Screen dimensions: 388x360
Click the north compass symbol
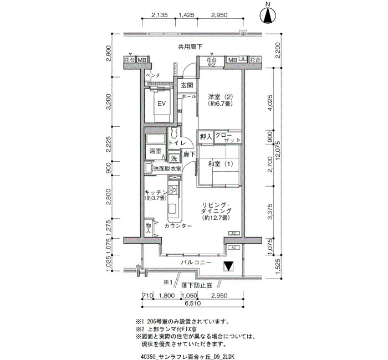[268, 16]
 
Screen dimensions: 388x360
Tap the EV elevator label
[162, 104]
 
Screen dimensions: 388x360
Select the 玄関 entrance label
[187, 85]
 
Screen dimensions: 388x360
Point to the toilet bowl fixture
[174, 133]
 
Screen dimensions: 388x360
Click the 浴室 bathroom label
[155, 151]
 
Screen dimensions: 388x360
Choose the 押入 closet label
[206, 136]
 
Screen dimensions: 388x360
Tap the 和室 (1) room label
[221, 164]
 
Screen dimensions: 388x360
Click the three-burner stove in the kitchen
[173, 190]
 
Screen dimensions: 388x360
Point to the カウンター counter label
[178, 226]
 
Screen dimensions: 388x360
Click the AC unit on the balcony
[234, 248]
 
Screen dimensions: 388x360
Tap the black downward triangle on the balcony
[228, 266]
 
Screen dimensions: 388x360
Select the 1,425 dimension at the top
[186, 15]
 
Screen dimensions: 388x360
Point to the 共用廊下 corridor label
[190, 47]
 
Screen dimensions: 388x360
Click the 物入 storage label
[148, 228]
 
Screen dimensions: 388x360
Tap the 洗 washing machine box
[174, 158]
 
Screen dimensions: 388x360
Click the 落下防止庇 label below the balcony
[197, 286]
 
